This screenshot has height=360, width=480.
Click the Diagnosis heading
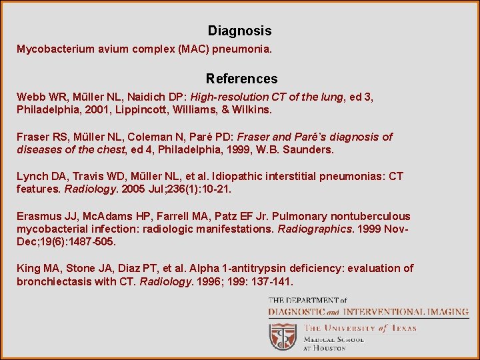pyautogui.click(x=239, y=31)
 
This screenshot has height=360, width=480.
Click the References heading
pyautogui.click(x=241, y=79)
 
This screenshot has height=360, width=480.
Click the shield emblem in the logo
pyautogui.click(x=283, y=337)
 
